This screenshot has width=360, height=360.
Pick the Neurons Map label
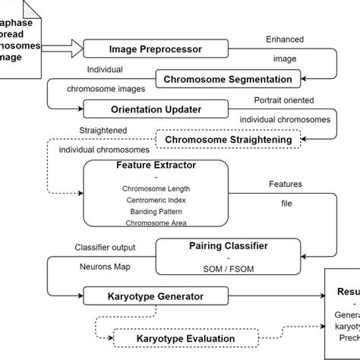105,268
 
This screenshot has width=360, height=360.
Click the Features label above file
286,184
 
